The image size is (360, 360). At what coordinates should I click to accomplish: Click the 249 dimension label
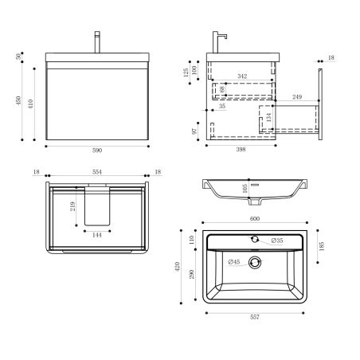click(x=295, y=96)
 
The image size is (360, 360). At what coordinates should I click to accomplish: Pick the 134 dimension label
click(x=268, y=118)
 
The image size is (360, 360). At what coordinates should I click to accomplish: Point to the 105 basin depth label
click(x=246, y=189)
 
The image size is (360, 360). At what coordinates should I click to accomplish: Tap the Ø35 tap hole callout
click(x=276, y=241)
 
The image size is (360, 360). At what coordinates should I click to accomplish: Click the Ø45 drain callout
click(x=235, y=263)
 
